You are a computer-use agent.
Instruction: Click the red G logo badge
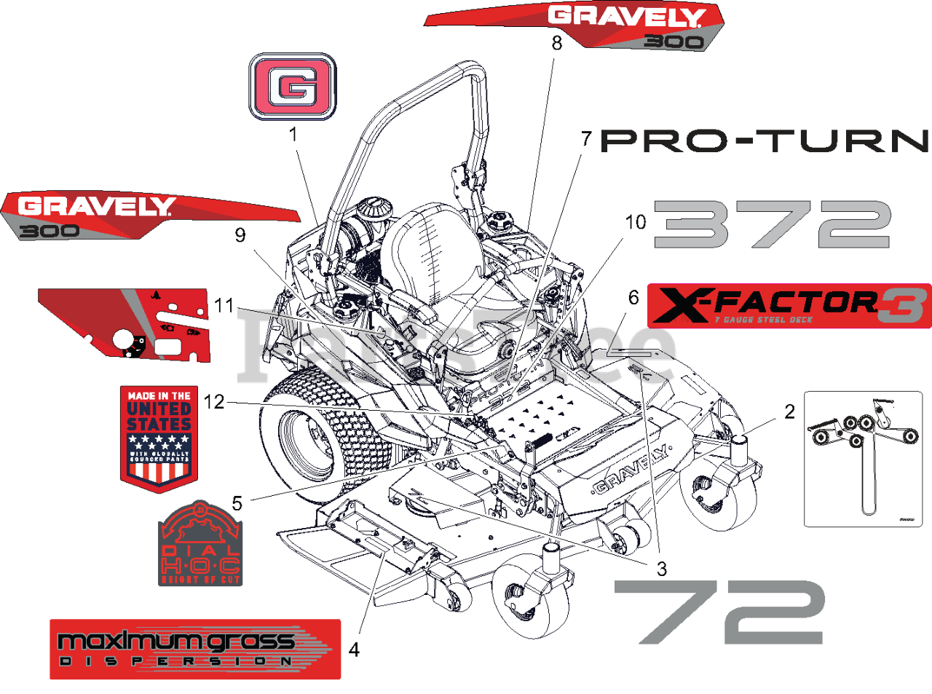pos(293,86)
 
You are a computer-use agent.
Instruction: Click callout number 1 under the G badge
pos(293,134)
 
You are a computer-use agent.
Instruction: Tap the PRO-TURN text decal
pos(765,141)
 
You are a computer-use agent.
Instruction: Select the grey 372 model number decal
pos(772,224)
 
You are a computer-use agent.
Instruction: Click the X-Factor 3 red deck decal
pos(789,305)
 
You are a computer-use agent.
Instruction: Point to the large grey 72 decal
pos(719,612)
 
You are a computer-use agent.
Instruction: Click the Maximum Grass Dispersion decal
pos(195,649)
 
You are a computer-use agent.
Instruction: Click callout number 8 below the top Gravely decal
pos(557,43)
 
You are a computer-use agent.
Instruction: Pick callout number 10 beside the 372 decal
pos(636,221)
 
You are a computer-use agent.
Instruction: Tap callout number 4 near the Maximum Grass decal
pos(354,649)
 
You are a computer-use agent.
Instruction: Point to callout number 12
pos(214,401)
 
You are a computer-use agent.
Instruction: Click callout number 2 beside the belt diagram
pos(789,411)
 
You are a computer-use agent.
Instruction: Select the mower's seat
pos(430,255)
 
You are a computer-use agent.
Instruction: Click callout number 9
pos(240,235)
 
